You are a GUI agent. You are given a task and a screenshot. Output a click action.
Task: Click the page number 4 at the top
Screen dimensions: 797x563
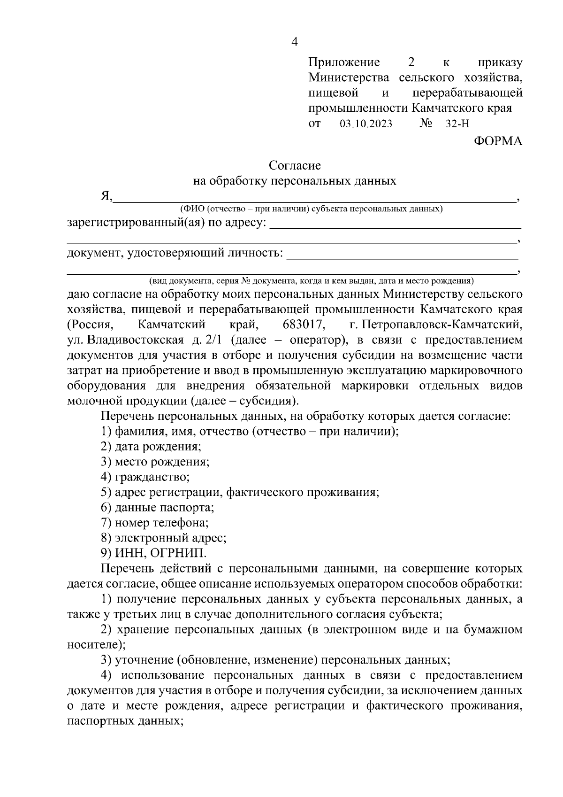295,42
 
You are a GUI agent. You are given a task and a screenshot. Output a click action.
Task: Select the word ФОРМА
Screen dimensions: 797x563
497,141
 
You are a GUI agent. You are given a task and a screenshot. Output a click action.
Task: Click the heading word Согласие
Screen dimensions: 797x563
295,165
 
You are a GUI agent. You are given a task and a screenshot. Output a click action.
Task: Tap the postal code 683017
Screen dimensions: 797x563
303,325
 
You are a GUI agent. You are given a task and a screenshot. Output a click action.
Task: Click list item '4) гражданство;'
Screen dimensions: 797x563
145,477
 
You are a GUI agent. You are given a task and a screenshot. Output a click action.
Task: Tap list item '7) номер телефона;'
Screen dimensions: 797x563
155,523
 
